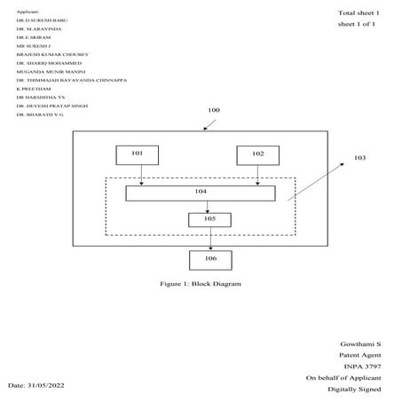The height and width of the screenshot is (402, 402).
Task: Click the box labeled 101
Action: click(x=137, y=154)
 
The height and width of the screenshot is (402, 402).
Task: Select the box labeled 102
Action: click(x=257, y=154)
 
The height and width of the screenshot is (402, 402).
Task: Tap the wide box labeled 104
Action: click(x=200, y=193)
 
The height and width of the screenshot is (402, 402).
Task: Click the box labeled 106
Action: click(x=209, y=259)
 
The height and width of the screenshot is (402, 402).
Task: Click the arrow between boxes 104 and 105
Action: click(x=209, y=206)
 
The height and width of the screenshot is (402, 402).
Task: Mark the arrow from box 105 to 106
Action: click(x=209, y=238)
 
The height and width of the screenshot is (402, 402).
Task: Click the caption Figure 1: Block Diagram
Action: click(x=200, y=283)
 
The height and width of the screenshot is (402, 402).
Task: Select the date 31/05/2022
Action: click(x=36, y=386)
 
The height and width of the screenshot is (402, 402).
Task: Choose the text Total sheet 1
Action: click(x=359, y=12)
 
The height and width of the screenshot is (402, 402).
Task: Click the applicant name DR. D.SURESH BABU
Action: click(x=42, y=19)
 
